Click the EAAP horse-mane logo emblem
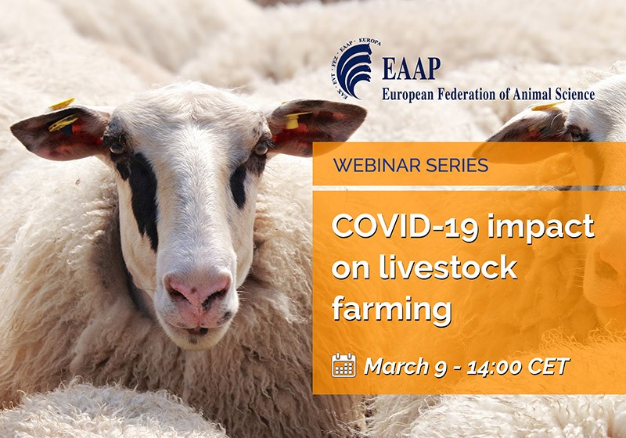[x=354, y=70]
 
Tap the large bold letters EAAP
[x=411, y=69]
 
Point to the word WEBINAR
[x=371, y=165]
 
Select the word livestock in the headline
[x=424, y=267]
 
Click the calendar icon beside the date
[x=344, y=365]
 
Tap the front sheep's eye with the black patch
[x=117, y=146]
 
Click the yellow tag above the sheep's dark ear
[x=61, y=104]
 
